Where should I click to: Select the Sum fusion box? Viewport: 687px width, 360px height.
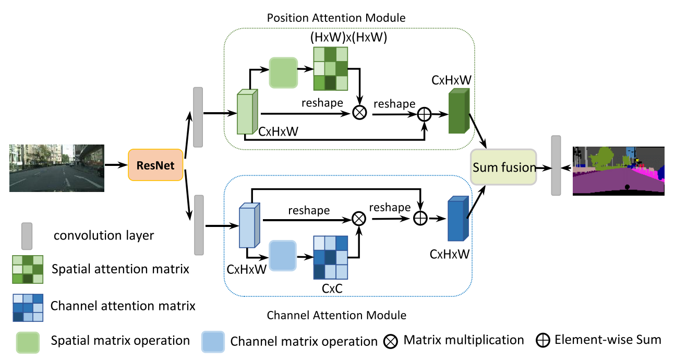point(503,167)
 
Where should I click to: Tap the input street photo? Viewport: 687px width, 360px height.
point(57,167)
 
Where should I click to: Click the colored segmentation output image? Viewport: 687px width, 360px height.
point(619,171)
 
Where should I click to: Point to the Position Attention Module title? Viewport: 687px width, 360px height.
point(336,18)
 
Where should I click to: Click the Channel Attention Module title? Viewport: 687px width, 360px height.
point(336,315)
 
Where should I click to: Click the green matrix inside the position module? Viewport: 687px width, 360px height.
point(330,69)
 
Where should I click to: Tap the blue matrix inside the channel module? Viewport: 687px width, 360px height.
point(330,258)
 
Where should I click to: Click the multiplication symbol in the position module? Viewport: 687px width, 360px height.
point(360,112)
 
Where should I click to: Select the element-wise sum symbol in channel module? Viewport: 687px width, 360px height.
point(420,219)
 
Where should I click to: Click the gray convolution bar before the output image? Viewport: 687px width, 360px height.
point(556,165)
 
